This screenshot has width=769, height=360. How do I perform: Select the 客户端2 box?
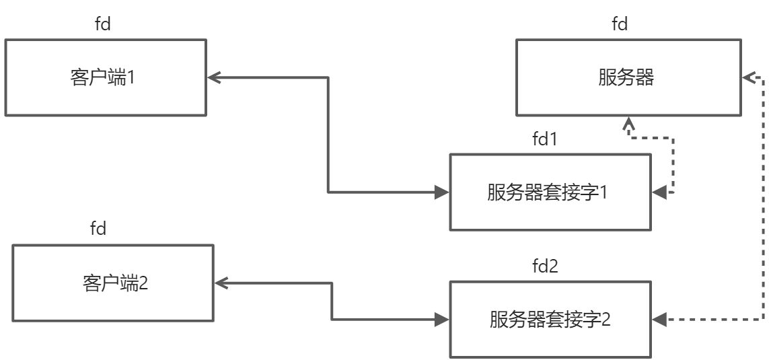[113, 283]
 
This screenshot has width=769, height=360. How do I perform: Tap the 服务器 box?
[626, 77]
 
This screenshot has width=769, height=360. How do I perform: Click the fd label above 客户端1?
[104, 25]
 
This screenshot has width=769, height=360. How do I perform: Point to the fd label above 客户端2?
[98, 229]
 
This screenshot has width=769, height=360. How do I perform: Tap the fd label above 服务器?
[620, 25]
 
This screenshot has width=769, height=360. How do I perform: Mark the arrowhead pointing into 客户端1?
[213, 78]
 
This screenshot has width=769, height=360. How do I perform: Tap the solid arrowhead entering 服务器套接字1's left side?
[443, 193]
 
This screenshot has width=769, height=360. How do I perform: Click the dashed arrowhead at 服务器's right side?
[748, 78]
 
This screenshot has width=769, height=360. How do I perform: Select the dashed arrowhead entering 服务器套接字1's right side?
[659, 193]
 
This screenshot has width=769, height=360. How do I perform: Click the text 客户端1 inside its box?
[103, 77]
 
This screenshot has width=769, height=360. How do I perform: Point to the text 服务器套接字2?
[550, 319]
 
